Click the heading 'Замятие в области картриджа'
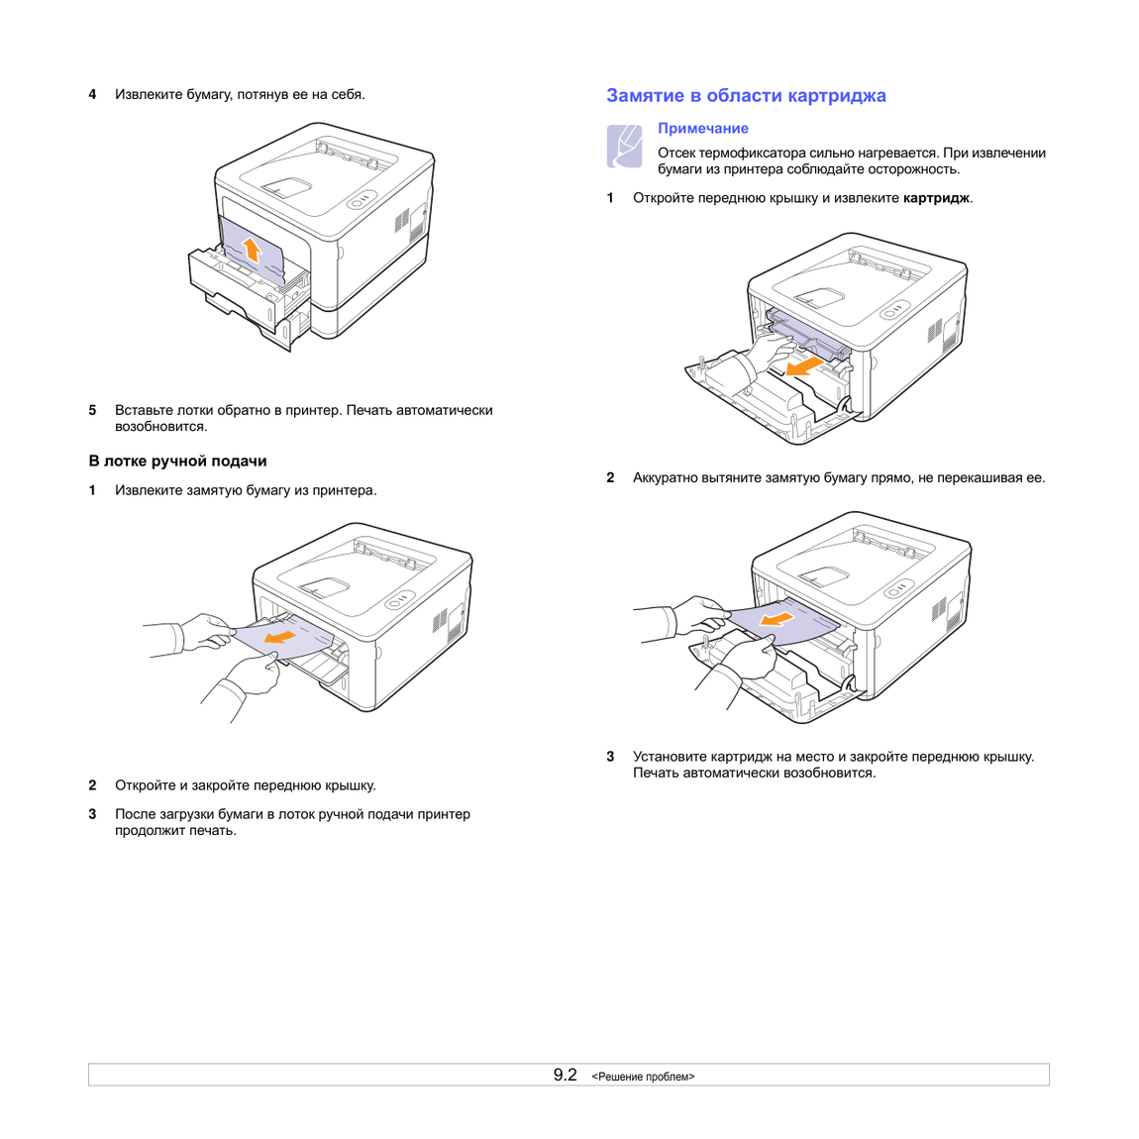point(746,96)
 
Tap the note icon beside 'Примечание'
point(624,146)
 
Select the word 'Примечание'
point(702,129)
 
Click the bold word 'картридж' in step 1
point(936,198)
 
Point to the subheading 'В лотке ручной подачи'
point(178,462)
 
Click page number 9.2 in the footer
point(566,1075)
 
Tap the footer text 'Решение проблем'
point(643,1077)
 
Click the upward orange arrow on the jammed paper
point(252,250)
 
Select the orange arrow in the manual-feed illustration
point(279,637)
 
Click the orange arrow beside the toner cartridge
point(805,365)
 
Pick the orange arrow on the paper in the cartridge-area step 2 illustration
point(776,618)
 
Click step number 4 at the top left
point(92,94)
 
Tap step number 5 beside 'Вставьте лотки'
point(92,410)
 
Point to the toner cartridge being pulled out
point(806,331)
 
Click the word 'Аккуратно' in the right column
point(666,478)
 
